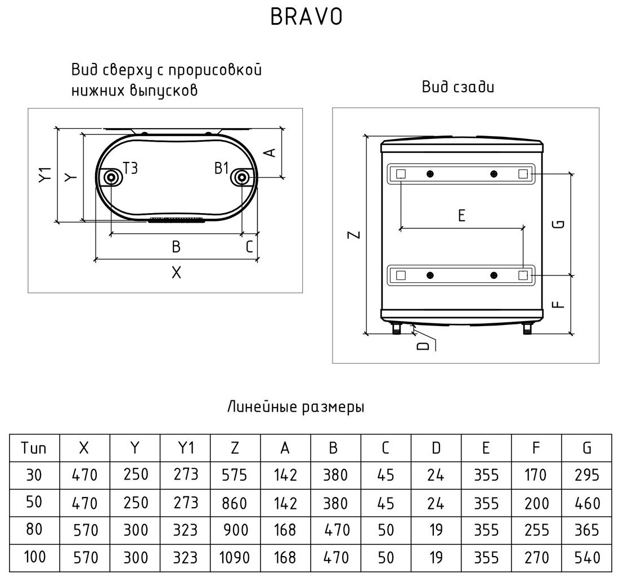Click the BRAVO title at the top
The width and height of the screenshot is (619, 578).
(306, 16)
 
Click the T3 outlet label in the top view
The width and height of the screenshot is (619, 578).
(131, 169)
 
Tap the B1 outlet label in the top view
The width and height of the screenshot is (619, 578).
(222, 169)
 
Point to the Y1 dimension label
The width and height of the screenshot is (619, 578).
(46, 175)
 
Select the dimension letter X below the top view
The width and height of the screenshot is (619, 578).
(176, 273)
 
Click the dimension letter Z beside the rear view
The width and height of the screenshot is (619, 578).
(355, 234)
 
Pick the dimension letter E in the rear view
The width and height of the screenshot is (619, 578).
(461, 216)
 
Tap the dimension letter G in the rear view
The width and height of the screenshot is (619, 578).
(559, 224)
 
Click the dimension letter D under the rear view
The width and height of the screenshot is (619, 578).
(423, 346)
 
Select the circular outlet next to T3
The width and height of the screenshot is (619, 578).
(111, 178)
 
